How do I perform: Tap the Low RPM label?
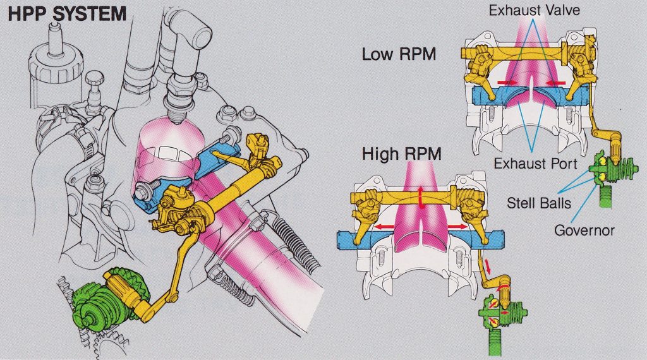[399, 54]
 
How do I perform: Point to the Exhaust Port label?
[535, 164]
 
